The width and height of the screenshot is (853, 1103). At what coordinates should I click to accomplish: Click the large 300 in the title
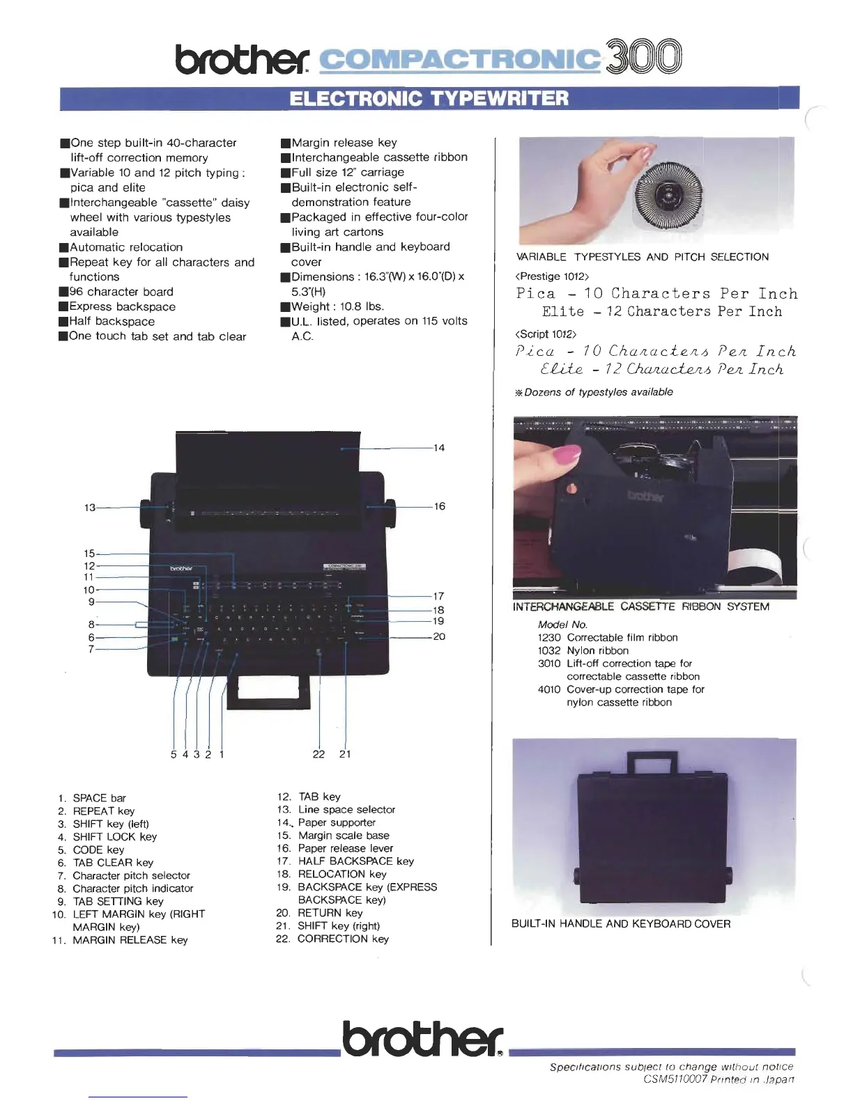coord(643,57)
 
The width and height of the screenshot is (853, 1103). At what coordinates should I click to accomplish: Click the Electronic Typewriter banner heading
coord(429,98)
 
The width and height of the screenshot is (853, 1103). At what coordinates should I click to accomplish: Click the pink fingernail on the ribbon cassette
coord(566,455)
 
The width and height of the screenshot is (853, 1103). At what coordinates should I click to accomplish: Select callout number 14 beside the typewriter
coord(438,448)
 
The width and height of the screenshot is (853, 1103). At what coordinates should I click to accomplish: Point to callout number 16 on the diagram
coord(439,506)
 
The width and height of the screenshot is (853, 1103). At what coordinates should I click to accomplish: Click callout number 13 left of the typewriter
coord(90,508)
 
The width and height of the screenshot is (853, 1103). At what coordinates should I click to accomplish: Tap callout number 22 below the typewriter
coord(318,754)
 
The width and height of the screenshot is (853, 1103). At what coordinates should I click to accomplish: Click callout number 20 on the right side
coord(439,636)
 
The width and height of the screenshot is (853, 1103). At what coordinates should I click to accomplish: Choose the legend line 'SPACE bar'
coord(99,798)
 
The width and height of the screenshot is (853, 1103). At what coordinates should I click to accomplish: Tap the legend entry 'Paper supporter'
coord(336,822)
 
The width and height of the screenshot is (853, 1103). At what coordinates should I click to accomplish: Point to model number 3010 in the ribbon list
coord(548,664)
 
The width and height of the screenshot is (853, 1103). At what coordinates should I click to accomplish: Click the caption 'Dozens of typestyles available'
coord(598,392)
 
